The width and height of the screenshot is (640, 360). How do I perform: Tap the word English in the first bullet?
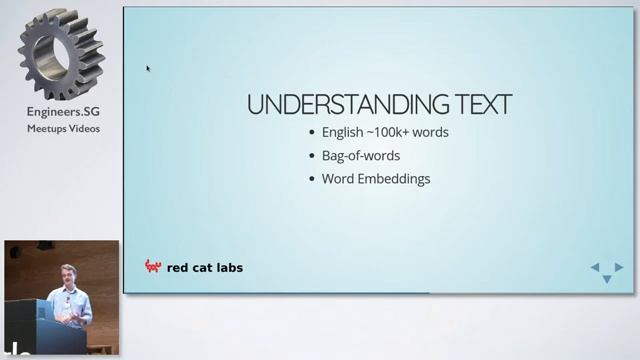[x=343, y=133]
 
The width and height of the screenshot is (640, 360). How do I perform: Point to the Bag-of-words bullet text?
[x=361, y=156]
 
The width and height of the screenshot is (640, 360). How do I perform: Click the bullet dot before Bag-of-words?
[x=312, y=156]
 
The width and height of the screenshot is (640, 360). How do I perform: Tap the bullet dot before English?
[x=312, y=133]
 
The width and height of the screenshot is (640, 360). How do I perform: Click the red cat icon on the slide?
[x=153, y=267]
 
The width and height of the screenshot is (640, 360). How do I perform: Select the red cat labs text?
[x=205, y=267]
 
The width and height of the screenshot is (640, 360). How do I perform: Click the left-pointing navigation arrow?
[x=595, y=268]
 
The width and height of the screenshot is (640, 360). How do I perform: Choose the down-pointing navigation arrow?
[x=606, y=279]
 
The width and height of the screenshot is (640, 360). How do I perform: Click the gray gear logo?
[x=62, y=55]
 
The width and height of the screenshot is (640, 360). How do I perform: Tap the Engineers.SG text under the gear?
[x=62, y=114]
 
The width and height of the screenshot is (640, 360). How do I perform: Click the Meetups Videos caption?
[x=63, y=128]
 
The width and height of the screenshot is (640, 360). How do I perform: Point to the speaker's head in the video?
[x=68, y=274]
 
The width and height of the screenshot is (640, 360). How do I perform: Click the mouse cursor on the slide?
[x=148, y=69]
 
